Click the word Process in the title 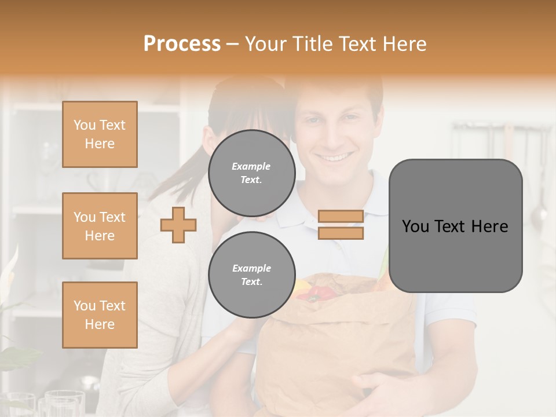(x=182, y=44)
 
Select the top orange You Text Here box (x=100, y=134)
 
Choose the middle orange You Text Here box (x=100, y=226)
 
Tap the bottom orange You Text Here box (x=100, y=315)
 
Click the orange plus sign (x=178, y=225)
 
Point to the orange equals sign (x=341, y=225)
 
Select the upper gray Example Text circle (x=251, y=173)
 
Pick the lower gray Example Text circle (x=251, y=275)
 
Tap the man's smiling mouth (x=337, y=157)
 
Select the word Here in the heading (x=404, y=44)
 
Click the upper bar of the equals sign (x=341, y=217)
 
